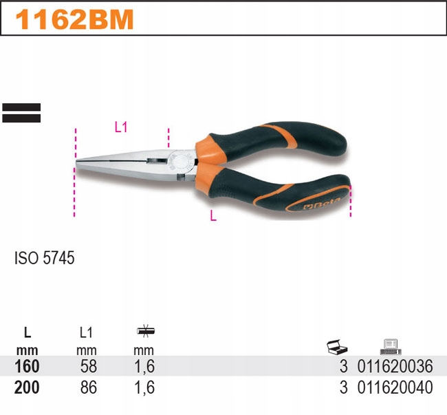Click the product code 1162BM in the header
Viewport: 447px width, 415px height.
click(74, 19)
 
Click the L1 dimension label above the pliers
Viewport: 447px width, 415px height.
click(121, 127)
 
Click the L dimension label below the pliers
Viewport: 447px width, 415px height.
click(213, 215)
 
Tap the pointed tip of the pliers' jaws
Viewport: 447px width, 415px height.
click(78, 163)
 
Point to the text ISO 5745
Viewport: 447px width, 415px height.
click(44, 259)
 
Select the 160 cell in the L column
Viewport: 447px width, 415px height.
click(27, 366)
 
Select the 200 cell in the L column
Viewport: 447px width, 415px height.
click(27, 387)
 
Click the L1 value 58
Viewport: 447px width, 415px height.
click(89, 366)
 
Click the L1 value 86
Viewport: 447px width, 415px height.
click(89, 387)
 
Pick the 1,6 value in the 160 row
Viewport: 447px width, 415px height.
click(145, 366)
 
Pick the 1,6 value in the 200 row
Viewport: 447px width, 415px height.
click(145, 387)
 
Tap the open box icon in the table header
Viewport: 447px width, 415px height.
click(336, 345)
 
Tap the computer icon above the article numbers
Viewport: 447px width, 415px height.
click(390, 345)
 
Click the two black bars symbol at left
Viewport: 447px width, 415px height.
click(21, 113)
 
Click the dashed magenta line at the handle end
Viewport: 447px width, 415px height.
click(350, 200)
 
